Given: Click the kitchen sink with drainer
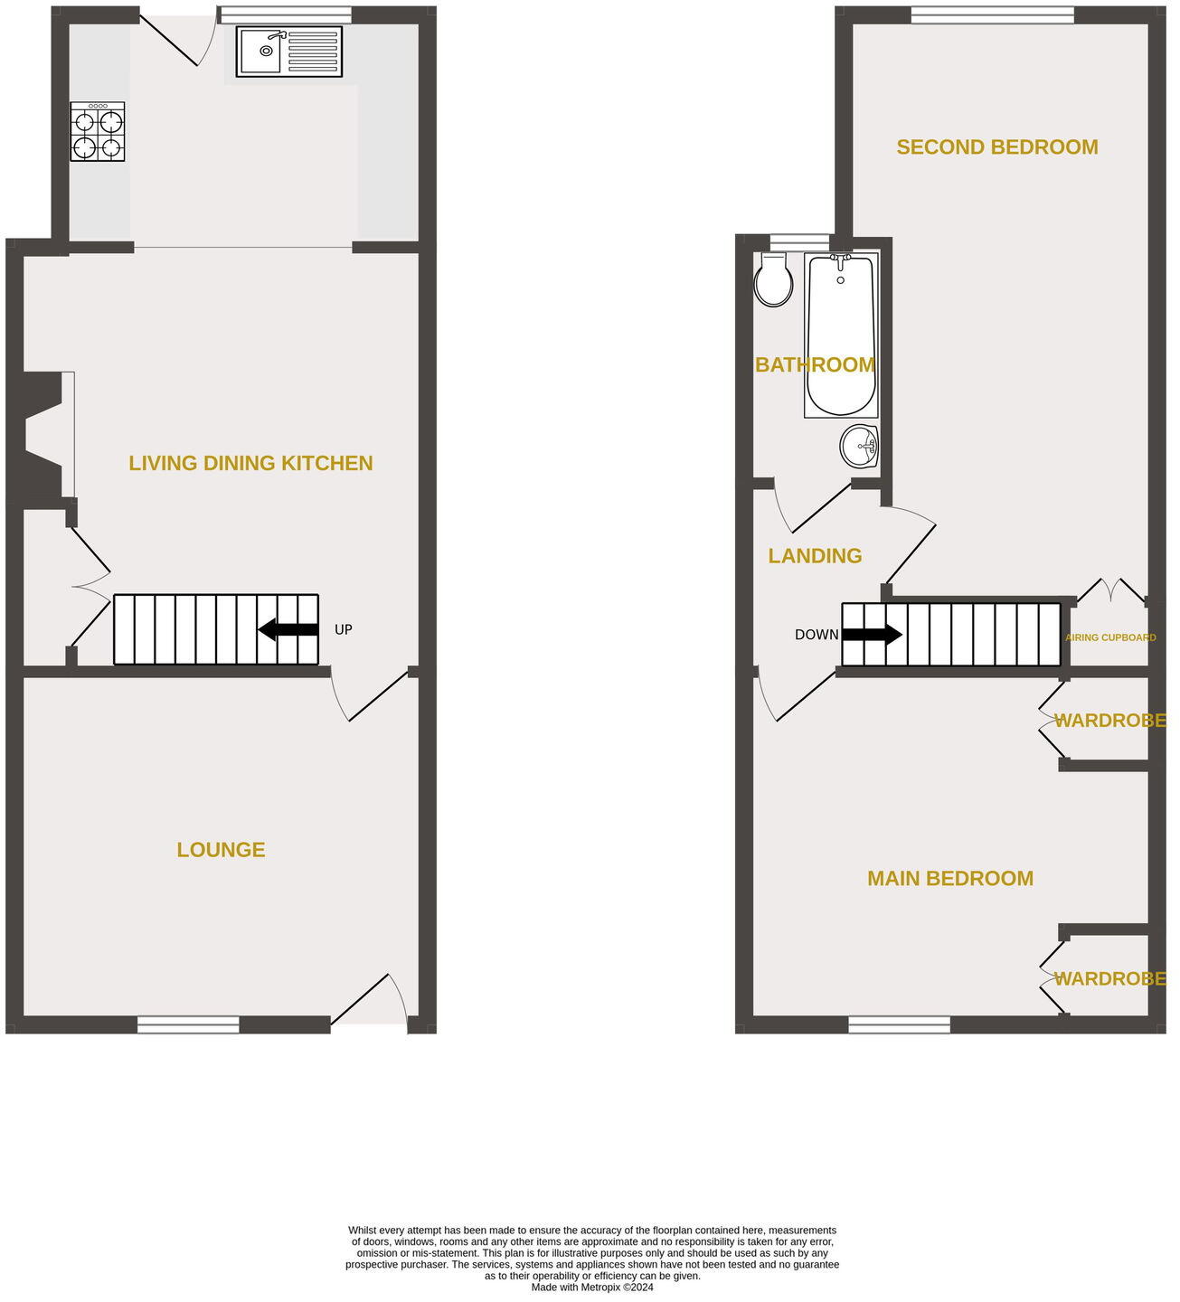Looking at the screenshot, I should click(289, 52).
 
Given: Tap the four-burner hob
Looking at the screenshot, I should click(98, 132).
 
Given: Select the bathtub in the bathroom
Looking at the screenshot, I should click(841, 335).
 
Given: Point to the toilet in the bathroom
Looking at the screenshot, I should click(773, 280).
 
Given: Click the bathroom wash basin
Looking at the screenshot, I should click(860, 446).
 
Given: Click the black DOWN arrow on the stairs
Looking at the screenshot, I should click(872, 635).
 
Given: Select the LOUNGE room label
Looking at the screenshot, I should click(221, 850).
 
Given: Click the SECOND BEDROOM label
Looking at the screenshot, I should click(996, 147).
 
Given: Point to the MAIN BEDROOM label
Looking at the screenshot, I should click(949, 879).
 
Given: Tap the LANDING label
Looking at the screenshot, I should click(815, 556).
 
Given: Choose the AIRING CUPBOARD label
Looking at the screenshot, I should click(1111, 637).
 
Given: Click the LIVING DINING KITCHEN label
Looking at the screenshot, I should click(250, 463).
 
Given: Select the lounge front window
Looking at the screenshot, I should click(188, 1024).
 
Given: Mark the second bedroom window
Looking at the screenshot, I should click(992, 14).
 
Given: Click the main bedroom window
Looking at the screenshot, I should click(899, 1024).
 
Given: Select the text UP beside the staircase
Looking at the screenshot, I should click(343, 629).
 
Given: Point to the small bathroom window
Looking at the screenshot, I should click(798, 240).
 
